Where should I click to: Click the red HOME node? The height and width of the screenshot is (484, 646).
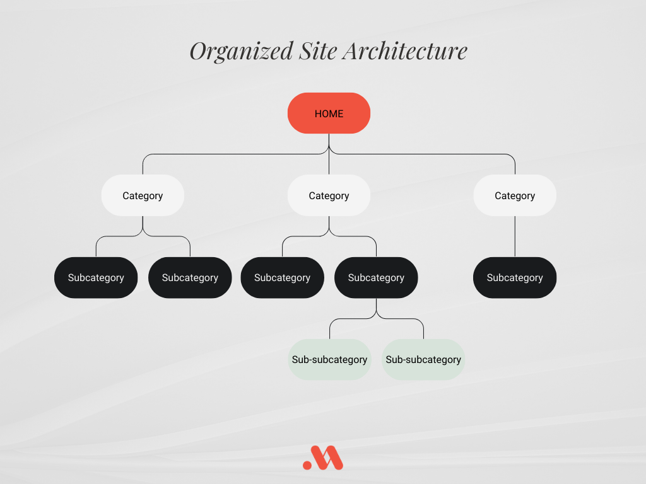pyautogui.click(x=329, y=113)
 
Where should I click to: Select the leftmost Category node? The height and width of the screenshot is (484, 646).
pyautogui.click(x=143, y=195)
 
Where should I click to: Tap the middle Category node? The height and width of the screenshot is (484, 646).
pyautogui.click(x=329, y=195)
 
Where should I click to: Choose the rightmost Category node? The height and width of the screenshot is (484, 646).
pyautogui.click(x=515, y=195)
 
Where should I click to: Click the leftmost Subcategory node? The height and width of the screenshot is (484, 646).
pyautogui.click(x=96, y=278)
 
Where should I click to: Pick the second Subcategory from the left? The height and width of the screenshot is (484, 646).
pyautogui.click(x=190, y=278)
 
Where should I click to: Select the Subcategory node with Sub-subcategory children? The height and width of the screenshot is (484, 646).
pyautogui.click(x=376, y=278)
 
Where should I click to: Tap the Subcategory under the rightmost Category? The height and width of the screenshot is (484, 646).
pyautogui.click(x=515, y=278)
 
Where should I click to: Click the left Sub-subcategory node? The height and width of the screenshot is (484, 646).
pyautogui.click(x=329, y=359)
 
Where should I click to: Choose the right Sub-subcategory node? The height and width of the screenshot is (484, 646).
pyautogui.click(x=423, y=359)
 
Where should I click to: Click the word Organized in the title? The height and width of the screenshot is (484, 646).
pyautogui.click(x=241, y=52)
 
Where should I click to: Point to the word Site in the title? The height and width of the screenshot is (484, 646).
pyautogui.click(x=318, y=50)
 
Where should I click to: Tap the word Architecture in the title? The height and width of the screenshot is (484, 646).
pyautogui.click(x=406, y=50)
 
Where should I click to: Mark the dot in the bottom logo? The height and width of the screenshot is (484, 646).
pyautogui.click(x=307, y=466)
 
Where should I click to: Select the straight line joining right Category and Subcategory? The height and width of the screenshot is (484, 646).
pyautogui.click(x=515, y=237)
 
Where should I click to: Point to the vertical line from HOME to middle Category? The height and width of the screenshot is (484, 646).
pyautogui.click(x=329, y=154)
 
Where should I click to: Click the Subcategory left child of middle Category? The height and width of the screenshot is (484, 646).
pyautogui.click(x=282, y=278)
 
